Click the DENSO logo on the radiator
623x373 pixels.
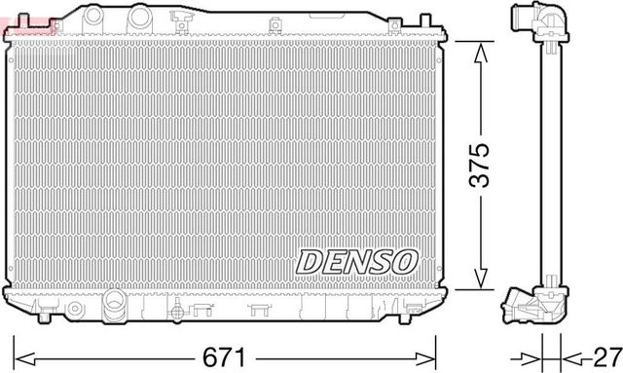tap(356, 260)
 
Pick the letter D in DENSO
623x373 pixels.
tap(309, 260)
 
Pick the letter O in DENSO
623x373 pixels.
tap(405, 260)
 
